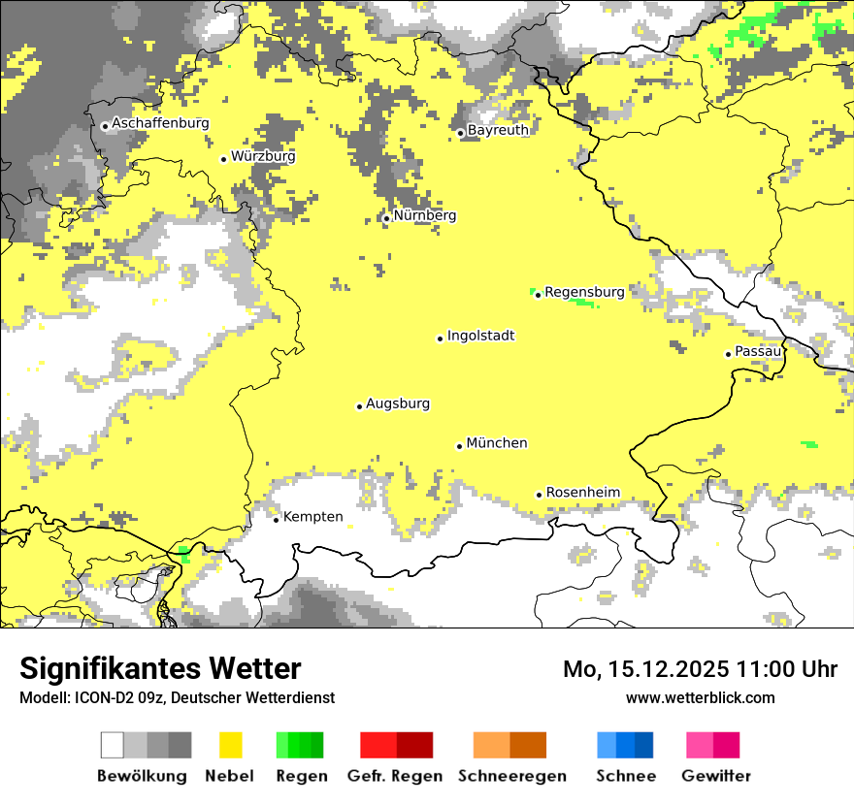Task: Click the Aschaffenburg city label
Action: [x=160, y=123]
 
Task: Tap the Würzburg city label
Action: [x=263, y=156]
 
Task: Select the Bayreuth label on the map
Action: [x=498, y=130]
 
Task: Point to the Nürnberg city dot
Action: [x=386, y=218]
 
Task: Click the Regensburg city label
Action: [x=584, y=291]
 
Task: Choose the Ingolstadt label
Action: [x=480, y=336]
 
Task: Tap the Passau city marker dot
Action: [x=728, y=354]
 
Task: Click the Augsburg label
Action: [x=398, y=403]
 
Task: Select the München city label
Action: [x=497, y=443]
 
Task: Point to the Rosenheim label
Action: [x=582, y=493]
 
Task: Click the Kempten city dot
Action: [x=276, y=520]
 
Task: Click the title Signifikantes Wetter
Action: [x=160, y=669]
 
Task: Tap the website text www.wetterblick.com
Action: [x=700, y=697]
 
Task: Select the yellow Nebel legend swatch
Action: [x=230, y=745]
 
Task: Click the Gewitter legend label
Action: [x=715, y=776]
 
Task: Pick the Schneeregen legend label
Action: [x=511, y=776]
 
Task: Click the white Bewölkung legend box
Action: [x=113, y=745]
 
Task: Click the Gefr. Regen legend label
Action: [x=394, y=776]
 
